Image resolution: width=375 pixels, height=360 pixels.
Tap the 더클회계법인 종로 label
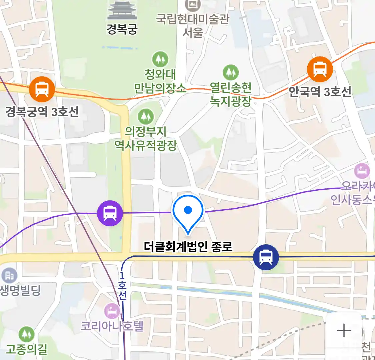188,247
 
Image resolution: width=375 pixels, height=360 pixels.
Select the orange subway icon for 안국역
320,69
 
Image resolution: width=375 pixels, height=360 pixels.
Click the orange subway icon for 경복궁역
42,89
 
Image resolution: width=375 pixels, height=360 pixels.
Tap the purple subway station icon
110,213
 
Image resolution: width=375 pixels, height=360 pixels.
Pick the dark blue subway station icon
266,257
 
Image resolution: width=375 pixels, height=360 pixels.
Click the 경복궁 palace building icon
122,11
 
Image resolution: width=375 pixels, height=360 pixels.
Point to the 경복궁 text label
122,29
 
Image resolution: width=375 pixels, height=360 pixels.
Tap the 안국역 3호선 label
320,91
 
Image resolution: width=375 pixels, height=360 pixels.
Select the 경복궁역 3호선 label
42,111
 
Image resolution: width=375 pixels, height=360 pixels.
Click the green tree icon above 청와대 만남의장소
160,60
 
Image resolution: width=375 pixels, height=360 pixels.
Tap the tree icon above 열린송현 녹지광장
231,72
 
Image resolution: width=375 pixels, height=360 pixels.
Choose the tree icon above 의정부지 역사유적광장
146,116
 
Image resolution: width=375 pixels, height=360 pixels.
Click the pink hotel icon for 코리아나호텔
112,311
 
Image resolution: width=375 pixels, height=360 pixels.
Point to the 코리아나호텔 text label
112,326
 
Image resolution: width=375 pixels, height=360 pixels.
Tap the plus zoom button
344,330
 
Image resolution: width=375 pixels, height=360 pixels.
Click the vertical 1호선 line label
122,286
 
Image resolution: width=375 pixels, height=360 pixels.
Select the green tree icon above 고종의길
26,334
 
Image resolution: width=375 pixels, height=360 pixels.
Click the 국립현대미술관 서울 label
193,25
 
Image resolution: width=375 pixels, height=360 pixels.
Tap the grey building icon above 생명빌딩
9,275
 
